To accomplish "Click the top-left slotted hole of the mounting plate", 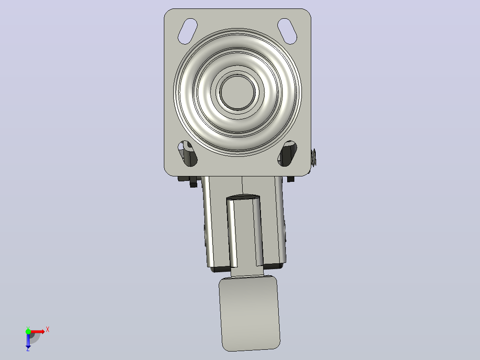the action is pos(187,31).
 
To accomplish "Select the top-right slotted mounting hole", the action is pos(287,31).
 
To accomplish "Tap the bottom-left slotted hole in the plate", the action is pos(187,154).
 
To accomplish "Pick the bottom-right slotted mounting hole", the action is pos(287,154).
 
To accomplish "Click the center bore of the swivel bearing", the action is pos(238,92).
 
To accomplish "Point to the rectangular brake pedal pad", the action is pos(249,313).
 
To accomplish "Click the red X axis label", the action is pos(48,330).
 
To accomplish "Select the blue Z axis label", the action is pos(28,349).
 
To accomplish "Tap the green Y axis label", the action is pos(28,328).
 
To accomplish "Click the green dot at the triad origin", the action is pos(28,332).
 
